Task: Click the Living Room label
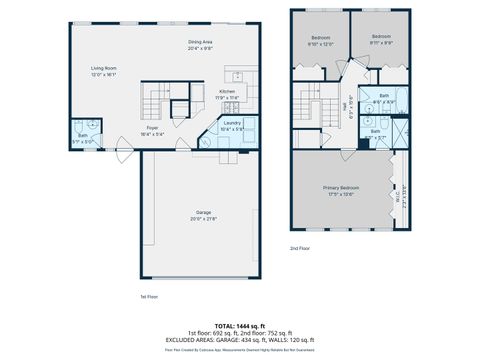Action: (x=105, y=68)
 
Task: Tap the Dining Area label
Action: (x=200, y=42)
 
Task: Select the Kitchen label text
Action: (x=227, y=91)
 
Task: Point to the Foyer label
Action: (x=152, y=128)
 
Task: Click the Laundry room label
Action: (x=231, y=123)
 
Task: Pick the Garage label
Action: (x=203, y=213)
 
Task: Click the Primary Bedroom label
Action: (x=341, y=188)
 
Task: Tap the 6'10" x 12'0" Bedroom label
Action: (x=320, y=38)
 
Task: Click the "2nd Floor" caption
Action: (x=299, y=247)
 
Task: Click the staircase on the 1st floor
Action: (x=157, y=100)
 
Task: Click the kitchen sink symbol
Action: (x=238, y=76)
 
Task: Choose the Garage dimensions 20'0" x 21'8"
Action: (x=203, y=219)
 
